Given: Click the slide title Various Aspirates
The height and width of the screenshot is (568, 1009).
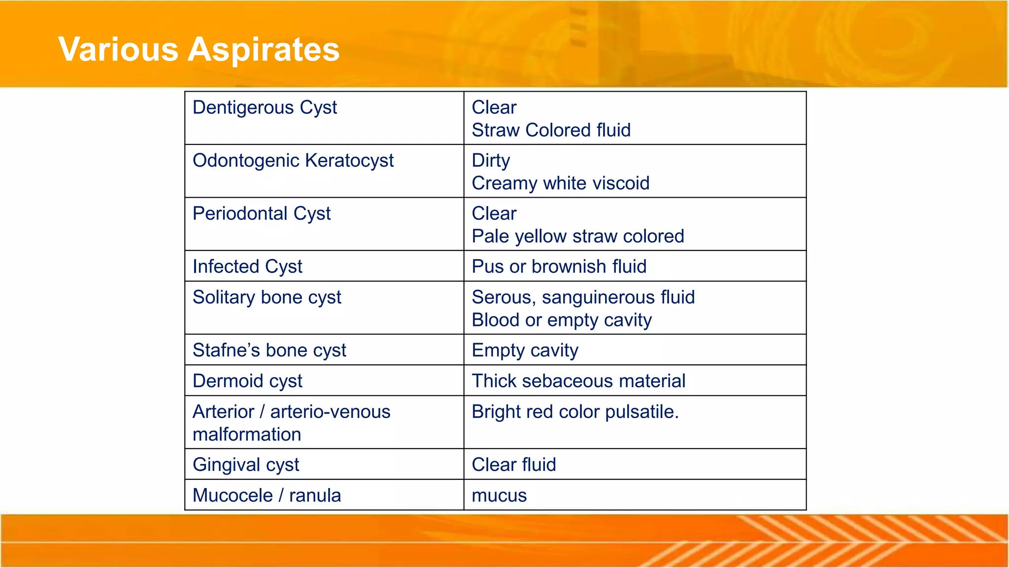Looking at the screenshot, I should click(199, 49).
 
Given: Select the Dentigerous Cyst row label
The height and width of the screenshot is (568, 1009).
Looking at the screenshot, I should click(265, 107).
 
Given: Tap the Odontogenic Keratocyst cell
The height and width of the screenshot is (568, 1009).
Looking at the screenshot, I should click(293, 161).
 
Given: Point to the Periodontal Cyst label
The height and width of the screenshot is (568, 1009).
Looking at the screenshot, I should click(262, 213).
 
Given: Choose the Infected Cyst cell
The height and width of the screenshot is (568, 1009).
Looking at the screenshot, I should click(247, 267).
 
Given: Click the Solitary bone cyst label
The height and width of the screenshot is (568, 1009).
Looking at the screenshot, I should click(267, 297).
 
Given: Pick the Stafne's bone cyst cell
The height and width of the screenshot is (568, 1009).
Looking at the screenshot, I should click(269, 350).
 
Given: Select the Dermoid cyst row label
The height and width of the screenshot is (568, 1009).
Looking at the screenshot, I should click(247, 381).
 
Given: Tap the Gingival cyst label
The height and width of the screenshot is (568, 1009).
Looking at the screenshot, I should click(246, 465).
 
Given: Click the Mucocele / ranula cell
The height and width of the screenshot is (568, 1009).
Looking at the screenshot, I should click(267, 496).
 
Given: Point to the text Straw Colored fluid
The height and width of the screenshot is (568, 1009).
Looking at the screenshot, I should click(551, 130).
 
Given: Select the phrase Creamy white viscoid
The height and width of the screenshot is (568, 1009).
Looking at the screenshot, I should click(560, 183).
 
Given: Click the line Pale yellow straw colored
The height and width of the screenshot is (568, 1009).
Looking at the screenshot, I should click(577, 236).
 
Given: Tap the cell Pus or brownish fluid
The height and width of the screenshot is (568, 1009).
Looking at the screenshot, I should click(559, 267).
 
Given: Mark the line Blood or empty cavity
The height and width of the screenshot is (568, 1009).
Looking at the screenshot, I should click(561, 320).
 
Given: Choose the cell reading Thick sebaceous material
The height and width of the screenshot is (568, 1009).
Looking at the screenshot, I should click(578, 381).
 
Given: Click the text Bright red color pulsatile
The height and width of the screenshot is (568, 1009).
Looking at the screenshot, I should click(575, 412).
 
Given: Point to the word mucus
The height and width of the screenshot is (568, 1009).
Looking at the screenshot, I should click(499, 496).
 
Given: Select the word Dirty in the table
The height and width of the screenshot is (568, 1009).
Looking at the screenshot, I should click(491, 161).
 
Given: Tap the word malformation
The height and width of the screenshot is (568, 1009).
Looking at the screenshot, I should click(247, 434).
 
